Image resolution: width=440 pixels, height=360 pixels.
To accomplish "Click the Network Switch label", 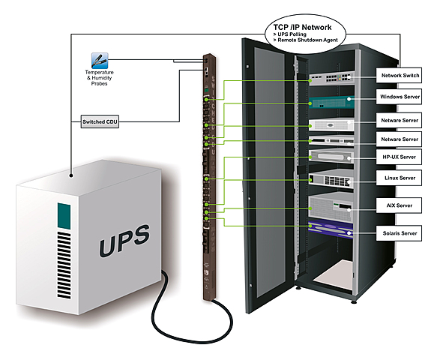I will point(400,76).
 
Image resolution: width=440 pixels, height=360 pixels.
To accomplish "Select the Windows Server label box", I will point(400,98).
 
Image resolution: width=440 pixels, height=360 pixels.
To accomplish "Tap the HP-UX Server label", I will point(400,157).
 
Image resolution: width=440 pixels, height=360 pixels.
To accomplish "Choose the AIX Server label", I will point(400,204).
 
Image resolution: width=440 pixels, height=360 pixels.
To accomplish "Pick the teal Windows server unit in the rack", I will point(328,102).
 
